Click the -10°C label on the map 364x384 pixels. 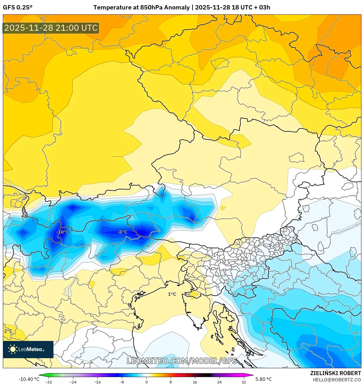[x=63, y=232]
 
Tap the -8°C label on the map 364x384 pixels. [x=122, y=232]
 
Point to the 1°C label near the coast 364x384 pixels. [x=172, y=294]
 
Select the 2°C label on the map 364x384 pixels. [x=8, y=331]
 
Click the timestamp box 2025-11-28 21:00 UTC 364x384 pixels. [x=51, y=28]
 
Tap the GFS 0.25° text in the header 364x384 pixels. [x=18, y=7]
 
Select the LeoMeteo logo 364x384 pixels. [x=28, y=349]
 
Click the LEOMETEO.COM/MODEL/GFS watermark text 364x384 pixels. [x=182, y=361]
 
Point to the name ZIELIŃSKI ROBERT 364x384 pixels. [x=335, y=373]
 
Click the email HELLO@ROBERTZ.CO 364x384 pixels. [x=337, y=380]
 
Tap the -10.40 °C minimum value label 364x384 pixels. [x=29, y=379]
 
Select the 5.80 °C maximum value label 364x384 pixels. [x=263, y=379]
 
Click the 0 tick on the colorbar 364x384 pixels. [x=146, y=382]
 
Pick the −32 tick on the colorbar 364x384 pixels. [x=49, y=382]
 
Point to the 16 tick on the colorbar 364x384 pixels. [x=195, y=382]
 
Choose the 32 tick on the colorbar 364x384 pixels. [x=244, y=382]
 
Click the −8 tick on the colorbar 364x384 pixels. [x=122, y=382]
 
